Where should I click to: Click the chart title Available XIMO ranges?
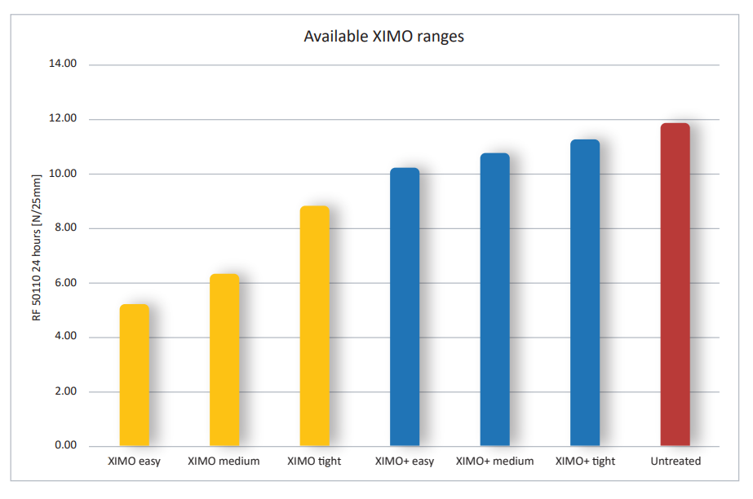click(383, 37)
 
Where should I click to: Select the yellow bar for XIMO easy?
click(135, 375)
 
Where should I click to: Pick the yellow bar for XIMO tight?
click(315, 326)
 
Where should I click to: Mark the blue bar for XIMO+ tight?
click(585, 294)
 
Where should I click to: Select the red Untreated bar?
click(675, 285)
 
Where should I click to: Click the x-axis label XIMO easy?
click(134, 461)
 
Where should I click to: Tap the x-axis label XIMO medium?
click(224, 461)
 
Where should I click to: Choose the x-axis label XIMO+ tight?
click(585, 461)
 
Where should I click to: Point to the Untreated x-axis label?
click(675, 461)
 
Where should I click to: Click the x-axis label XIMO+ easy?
click(405, 461)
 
